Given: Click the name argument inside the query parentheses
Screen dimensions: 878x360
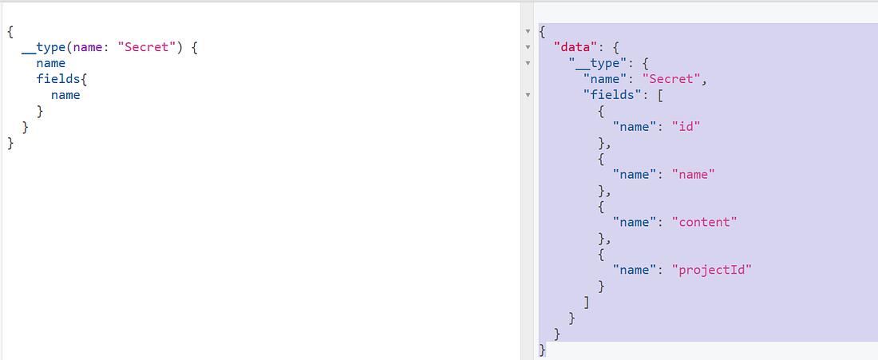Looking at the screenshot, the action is click(87, 48).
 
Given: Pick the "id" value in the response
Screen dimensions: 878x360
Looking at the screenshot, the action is click(686, 127).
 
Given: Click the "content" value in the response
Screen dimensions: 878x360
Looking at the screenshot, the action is click(705, 222).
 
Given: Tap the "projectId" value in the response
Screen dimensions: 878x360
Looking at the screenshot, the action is click(712, 271).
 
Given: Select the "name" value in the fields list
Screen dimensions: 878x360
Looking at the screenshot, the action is click(693, 175).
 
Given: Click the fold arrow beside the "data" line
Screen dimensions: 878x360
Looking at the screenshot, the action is click(528, 48).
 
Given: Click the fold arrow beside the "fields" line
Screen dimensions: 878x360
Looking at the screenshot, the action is click(528, 95).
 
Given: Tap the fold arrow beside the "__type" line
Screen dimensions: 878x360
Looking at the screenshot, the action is click(528, 64).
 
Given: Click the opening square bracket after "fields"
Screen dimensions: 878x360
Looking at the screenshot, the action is click(660, 95).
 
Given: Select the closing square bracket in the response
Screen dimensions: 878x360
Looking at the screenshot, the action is click(587, 303).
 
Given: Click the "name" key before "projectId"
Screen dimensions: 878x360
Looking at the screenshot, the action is click(635, 271).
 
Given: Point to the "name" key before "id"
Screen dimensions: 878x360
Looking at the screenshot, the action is click(635, 127).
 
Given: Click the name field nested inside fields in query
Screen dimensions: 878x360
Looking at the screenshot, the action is click(65, 95).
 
